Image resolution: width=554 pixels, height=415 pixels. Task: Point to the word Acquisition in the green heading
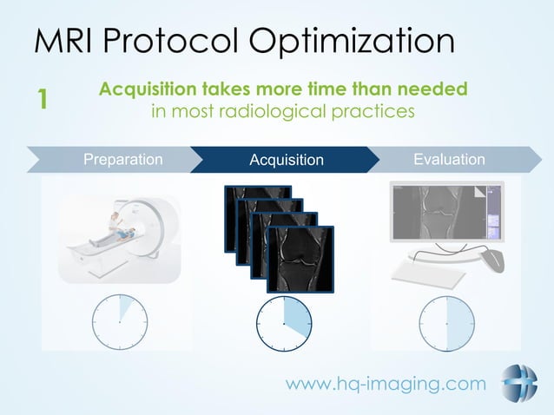pos(150,89)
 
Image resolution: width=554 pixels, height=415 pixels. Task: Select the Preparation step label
pos(122,159)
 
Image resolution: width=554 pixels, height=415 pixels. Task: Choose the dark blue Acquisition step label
pos(286,160)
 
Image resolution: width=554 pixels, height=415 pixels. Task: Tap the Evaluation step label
pos(449,159)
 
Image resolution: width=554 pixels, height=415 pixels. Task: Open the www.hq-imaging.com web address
pos(386,384)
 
